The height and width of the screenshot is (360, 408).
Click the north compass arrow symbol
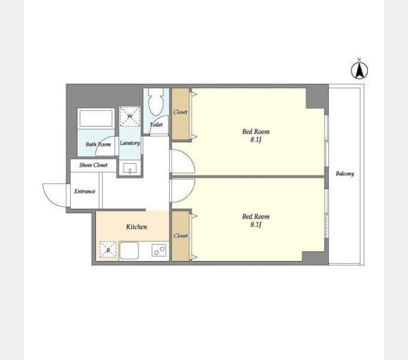pyautogui.click(x=359, y=70)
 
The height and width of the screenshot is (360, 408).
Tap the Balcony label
pyautogui.click(x=345, y=174)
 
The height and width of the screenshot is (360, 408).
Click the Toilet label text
pyautogui.click(x=156, y=125)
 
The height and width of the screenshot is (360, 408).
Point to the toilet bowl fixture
pyautogui.click(x=156, y=102)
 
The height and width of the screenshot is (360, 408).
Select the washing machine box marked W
pyautogui.click(x=130, y=116)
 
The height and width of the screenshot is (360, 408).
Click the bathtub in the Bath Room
pyautogui.click(x=96, y=118)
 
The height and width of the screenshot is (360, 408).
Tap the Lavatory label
pyautogui.click(x=130, y=143)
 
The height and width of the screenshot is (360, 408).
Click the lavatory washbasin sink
pyautogui.click(x=130, y=168)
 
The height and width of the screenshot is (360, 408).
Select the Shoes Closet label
pyautogui.click(x=94, y=165)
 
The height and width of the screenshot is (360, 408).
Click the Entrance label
pyautogui.click(x=85, y=191)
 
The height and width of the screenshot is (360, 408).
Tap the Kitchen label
pyautogui.click(x=137, y=227)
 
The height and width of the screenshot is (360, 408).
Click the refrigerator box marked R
pyautogui.click(x=108, y=250)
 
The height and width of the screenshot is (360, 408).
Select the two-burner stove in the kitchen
pyautogui.click(x=159, y=250)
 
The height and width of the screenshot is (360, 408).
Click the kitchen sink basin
pyautogui.click(x=129, y=250)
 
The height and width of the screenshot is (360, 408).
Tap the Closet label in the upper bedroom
pyautogui.click(x=181, y=112)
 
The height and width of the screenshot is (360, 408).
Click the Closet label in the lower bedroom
pyautogui.click(x=181, y=236)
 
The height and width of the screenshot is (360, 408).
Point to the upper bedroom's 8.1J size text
pyautogui.click(x=256, y=140)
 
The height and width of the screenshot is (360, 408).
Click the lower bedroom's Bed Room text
pyautogui.click(x=256, y=217)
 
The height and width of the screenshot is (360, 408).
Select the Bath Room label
pyautogui.click(x=98, y=144)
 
